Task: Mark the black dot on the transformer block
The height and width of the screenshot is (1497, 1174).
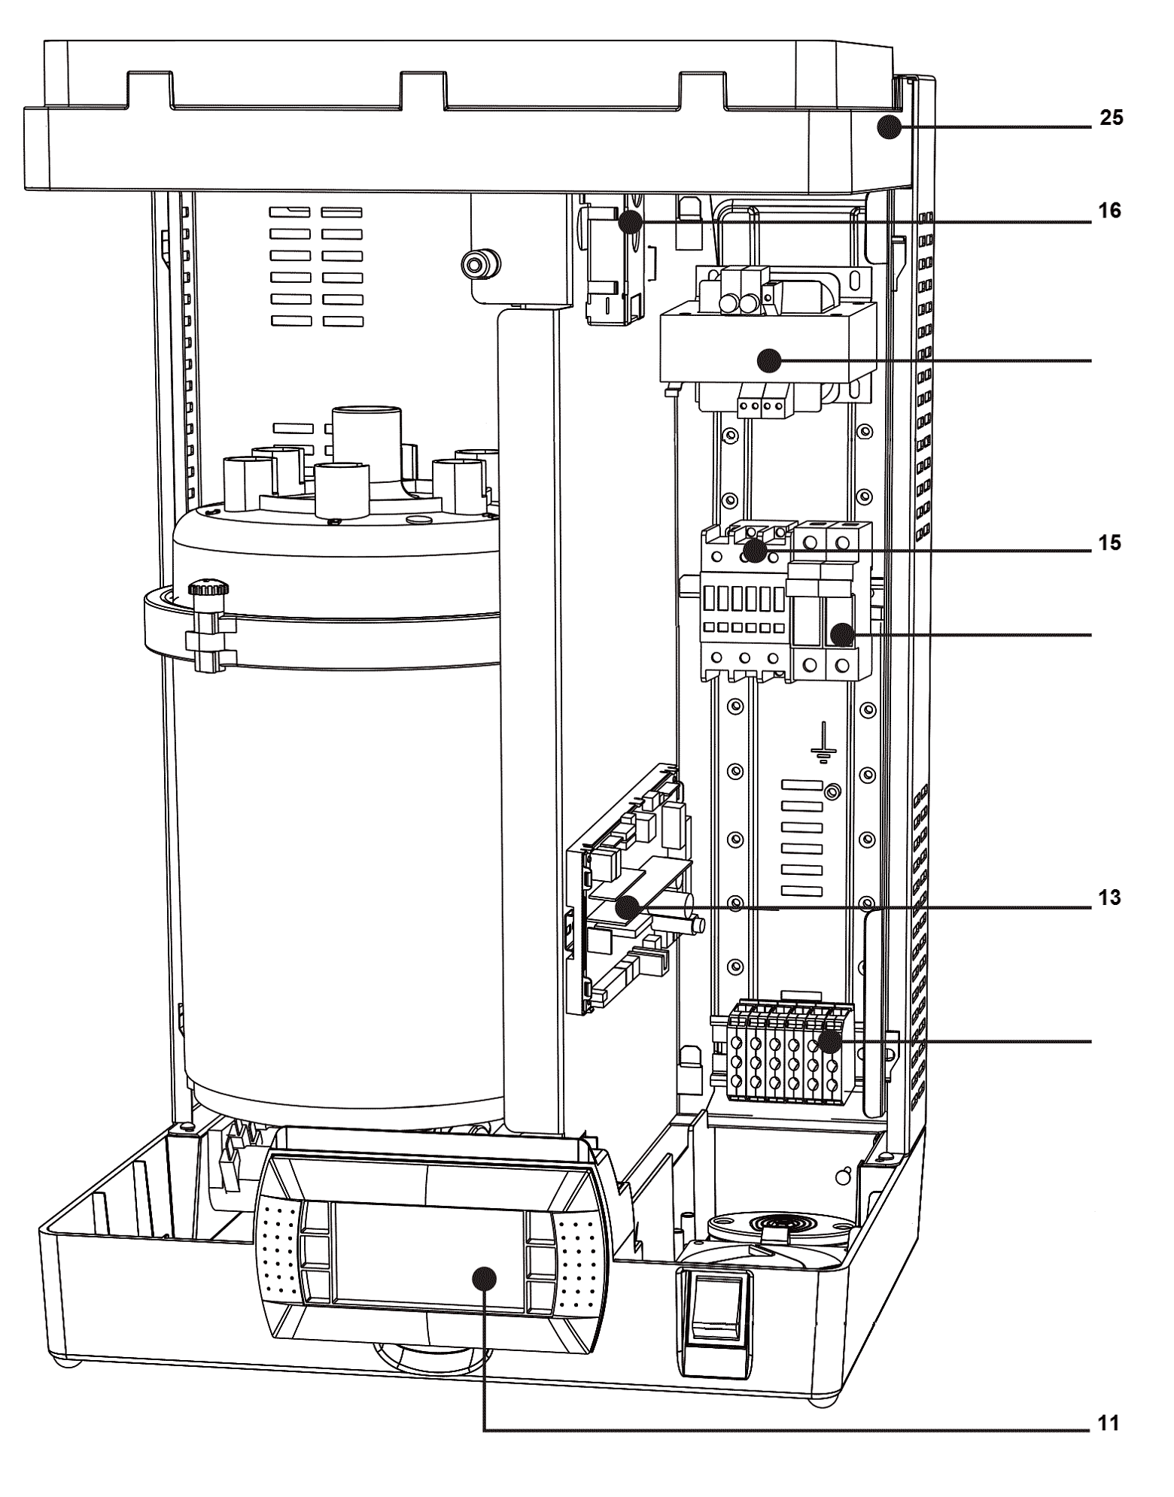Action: tap(769, 361)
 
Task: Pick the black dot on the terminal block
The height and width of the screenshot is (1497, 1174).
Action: tap(830, 1042)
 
